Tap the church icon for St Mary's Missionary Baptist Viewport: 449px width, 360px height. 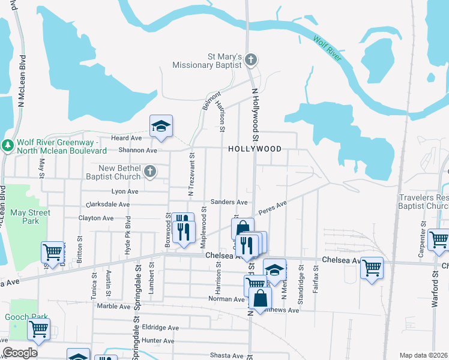tap(251, 59)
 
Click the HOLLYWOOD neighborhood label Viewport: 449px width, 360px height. tap(255, 148)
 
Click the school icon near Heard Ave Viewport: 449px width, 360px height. tap(161, 126)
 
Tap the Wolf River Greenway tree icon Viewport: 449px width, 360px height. tap(8, 146)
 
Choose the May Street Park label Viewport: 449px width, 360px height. tap(31, 217)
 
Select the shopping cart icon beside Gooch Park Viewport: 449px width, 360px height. tap(38, 329)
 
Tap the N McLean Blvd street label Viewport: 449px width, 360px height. tap(22, 81)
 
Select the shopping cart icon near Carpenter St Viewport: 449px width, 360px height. tap(439, 239)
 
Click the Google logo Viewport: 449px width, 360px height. tap(20, 353)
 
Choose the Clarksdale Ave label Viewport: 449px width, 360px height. tap(109, 204)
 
